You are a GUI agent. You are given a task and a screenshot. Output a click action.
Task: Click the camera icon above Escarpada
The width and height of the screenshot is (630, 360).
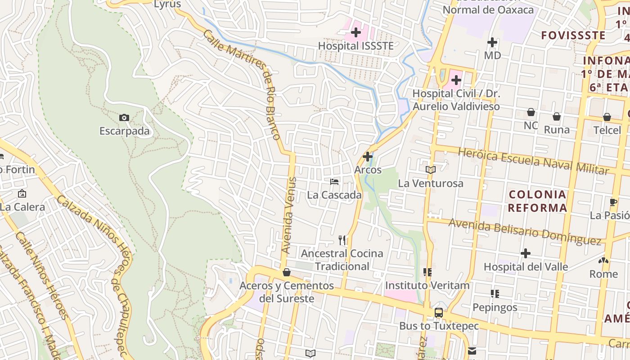point(124,118)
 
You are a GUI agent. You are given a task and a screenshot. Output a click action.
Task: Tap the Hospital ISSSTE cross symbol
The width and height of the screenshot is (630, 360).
point(356,32)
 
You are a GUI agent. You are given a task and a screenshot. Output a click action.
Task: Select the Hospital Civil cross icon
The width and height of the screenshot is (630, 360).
point(456,81)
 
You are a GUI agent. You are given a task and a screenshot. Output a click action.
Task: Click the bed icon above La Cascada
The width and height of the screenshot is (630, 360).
point(334,182)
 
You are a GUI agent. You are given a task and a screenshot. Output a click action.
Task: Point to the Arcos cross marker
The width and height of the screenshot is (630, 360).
point(368,157)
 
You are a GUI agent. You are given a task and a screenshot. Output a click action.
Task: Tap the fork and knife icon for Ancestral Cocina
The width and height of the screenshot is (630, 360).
point(342,240)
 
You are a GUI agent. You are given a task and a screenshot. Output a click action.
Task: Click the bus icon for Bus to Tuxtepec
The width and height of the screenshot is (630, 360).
point(438,313)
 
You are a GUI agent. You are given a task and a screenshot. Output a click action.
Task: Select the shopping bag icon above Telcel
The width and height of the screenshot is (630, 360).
point(607,117)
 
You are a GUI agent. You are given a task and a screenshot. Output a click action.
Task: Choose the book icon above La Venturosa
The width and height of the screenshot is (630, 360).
point(431,170)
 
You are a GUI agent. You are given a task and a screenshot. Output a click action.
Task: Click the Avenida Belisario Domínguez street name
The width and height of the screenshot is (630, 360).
point(525,231)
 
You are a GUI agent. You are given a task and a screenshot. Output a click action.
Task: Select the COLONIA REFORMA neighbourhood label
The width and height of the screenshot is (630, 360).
point(537,201)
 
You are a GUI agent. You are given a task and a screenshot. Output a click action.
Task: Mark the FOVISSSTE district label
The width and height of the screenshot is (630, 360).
point(573,35)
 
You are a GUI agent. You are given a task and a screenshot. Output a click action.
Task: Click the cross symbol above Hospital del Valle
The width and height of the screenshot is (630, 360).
point(526,253)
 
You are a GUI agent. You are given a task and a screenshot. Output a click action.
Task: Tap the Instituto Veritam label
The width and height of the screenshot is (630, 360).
point(427,285)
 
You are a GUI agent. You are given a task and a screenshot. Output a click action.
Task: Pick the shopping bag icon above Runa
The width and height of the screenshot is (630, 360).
point(557,117)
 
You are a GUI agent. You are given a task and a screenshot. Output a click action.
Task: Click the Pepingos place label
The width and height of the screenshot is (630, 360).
point(495,307)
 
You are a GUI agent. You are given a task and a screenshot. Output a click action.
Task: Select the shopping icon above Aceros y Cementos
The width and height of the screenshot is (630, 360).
point(287,272)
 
